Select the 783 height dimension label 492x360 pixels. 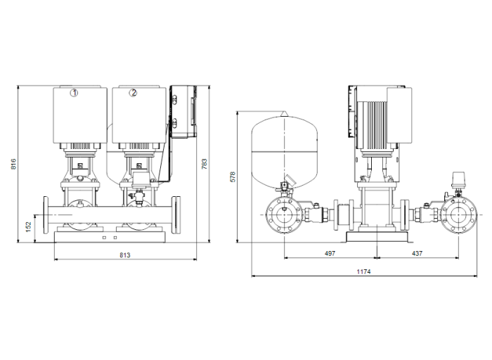coord(205,164)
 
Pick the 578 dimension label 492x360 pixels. coord(233,176)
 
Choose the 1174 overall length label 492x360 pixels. coord(363,271)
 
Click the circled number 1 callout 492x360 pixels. coord(74,93)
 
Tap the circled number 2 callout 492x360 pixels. coord(133,93)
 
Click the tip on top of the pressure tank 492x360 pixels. coord(285,113)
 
